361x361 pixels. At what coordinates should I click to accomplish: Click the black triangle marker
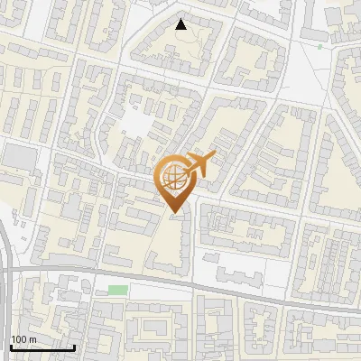pyautogui.click(x=181, y=24)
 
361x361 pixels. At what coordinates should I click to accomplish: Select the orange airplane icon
pyautogui.click(x=199, y=165)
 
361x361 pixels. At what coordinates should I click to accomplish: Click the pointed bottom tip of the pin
pyautogui.click(x=174, y=213)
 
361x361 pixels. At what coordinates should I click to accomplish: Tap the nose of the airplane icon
pyautogui.click(x=215, y=155)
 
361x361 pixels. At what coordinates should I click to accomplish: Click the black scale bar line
pyautogui.click(x=42, y=347)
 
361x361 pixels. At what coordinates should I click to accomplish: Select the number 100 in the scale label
pyautogui.click(x=19, y=339)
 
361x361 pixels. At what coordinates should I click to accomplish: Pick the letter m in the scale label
pyautogui.click(x=32, y=339)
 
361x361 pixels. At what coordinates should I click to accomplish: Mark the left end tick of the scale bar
pyautogui.click(x=11, y=347)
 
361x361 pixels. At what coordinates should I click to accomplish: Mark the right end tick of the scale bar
pyautogui.click(x=74, y=347)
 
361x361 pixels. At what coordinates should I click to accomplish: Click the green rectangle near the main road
pyautogui.click(x=118, y=290)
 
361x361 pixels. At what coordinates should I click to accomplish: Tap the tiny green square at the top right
pyautogui.click(x=319, y=46)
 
